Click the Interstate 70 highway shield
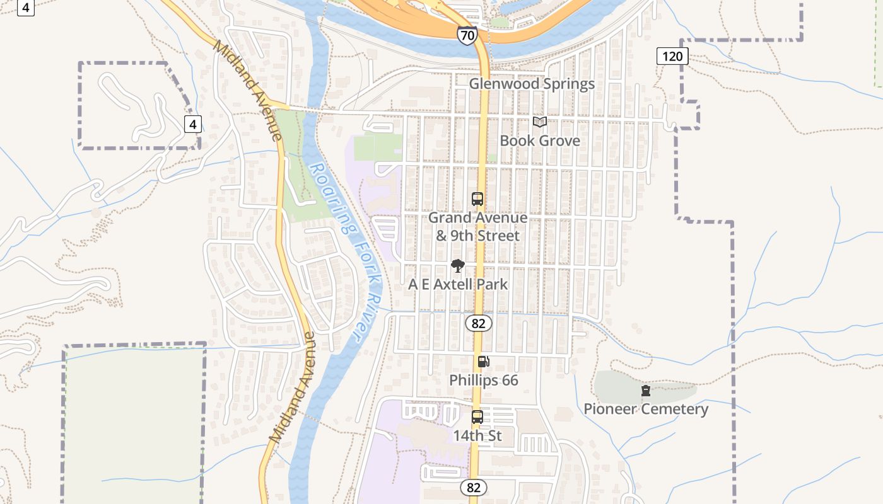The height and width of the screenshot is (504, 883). pyautogui.click(x=467, y=35)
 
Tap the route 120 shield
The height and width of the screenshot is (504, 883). pyautogui.click(x=672, y=56)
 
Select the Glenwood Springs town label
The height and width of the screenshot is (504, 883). pyautogui.click(x=532, y=84)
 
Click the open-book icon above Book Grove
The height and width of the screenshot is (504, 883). pyautogui.click(x=540, y=122)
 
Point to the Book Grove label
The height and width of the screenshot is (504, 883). pyautogui.click(x=540, y=140)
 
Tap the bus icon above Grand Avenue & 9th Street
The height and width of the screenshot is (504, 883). pyautogui.click(x=477, y=199)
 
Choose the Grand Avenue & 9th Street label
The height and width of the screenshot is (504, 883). pyautogui.click(x=478, y=227)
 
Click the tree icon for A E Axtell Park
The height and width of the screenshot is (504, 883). pyautogui.click(x=458, y=266)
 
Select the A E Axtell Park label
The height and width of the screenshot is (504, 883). pyautogui.click(x=458, y=284)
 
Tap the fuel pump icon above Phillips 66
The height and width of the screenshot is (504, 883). pyautogui.click(x=483, y=362)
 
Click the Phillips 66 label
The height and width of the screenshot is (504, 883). pyautogui.click(x=484, y=380)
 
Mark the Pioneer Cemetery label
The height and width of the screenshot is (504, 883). pyautogui.click(x=646, y=409)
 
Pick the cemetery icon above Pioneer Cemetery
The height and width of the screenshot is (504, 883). pyautogui.click(x=646, y=391)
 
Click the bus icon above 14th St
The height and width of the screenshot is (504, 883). pyautogui.click(x=477, y=417)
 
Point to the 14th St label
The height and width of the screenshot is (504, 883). pyautogui.click(x=477, y=435)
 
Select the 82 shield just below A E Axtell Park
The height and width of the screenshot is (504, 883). pyautogui.click(x=479, y=323)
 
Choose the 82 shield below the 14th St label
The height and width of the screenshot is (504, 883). pyautogui.click(x=474, y=487)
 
